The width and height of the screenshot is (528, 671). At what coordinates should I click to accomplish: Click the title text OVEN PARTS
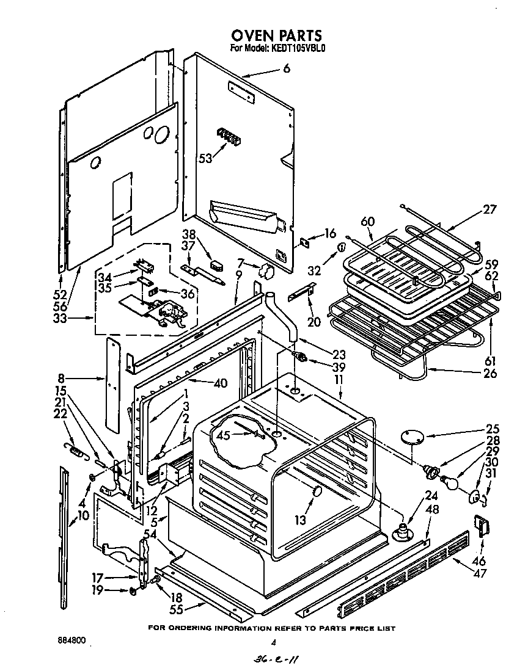(276, 36)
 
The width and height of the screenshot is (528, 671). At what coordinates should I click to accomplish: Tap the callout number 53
(205, 158)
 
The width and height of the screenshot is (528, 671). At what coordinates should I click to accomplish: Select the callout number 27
(490, 209)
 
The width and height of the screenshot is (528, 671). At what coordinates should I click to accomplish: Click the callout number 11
(339, 379)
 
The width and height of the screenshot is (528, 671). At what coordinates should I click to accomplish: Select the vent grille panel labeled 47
(403, 572)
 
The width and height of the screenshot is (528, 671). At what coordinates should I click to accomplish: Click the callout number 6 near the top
(287, 69)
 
